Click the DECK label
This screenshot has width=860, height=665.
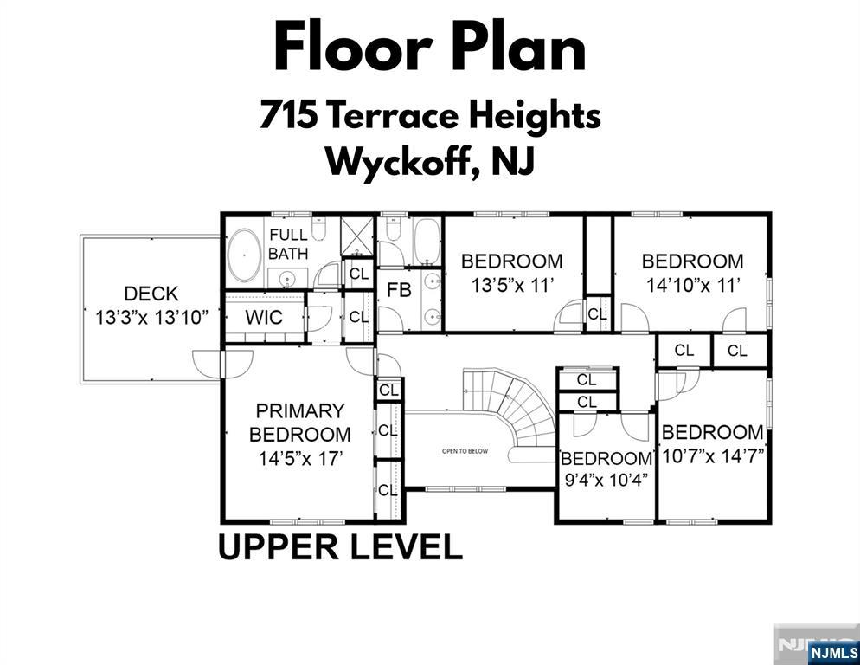tap(151, 294)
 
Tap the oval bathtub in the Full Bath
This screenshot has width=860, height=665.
tap(244, 256)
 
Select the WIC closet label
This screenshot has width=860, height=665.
tap(264, 318)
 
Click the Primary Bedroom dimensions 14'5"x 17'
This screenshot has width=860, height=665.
tap(300, 458)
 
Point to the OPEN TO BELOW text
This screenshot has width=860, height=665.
tap(465, 451)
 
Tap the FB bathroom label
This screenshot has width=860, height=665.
tap(399, 290)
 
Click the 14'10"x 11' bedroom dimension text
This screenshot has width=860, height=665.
tap(693, 286)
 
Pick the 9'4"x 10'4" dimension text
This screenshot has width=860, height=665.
tap(606, 480)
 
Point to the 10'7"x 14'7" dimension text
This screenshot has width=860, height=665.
tap(714, 455)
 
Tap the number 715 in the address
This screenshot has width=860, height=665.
tap(289, 115)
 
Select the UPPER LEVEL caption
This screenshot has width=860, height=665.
tap(341, 547)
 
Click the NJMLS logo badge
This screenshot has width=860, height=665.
tap(834, 653)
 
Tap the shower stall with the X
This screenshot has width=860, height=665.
tap(357, 236)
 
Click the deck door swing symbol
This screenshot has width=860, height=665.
tap(222, 364)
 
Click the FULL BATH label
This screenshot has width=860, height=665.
tap(288, 244)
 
